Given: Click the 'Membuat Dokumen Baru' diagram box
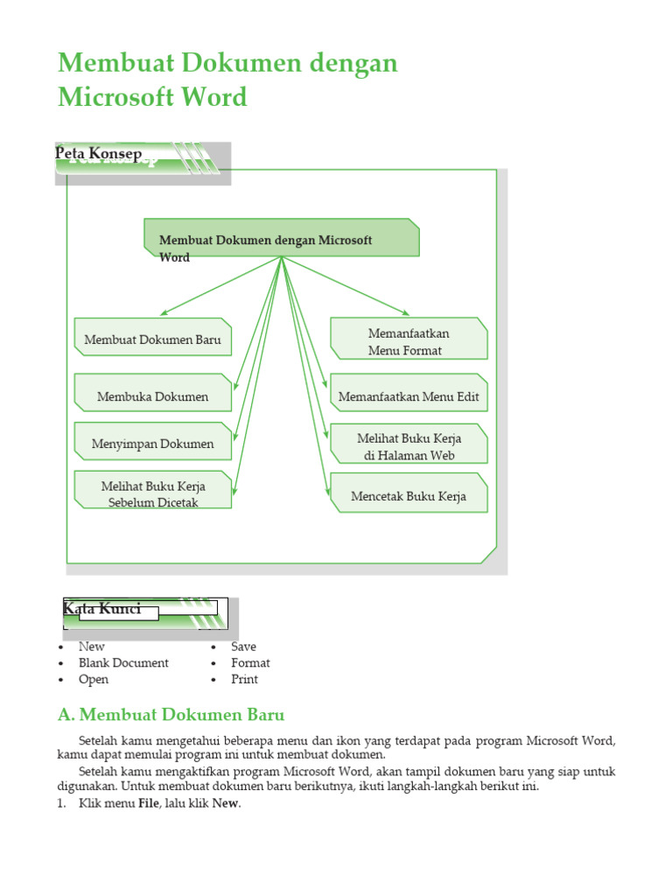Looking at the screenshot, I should (153, 339).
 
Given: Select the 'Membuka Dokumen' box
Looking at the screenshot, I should (153, 396).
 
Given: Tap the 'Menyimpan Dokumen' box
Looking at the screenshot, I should (153, 444).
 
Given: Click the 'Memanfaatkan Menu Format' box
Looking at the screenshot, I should (408, 341).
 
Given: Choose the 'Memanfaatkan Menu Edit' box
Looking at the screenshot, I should (409, 396).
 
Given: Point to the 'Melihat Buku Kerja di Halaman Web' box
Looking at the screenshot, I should (409, 446).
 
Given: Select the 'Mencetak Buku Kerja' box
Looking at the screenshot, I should (409, 496).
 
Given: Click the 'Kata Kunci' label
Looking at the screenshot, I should (102, 608).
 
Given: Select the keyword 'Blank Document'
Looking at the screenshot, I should (123, 662).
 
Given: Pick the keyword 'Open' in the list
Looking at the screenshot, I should (94, 679).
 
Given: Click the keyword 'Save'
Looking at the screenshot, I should (243, 646).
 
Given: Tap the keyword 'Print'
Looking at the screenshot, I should (244, 679).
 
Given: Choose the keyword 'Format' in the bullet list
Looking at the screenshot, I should (250, 662).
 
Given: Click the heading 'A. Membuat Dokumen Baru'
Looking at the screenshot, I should (171, 715).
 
